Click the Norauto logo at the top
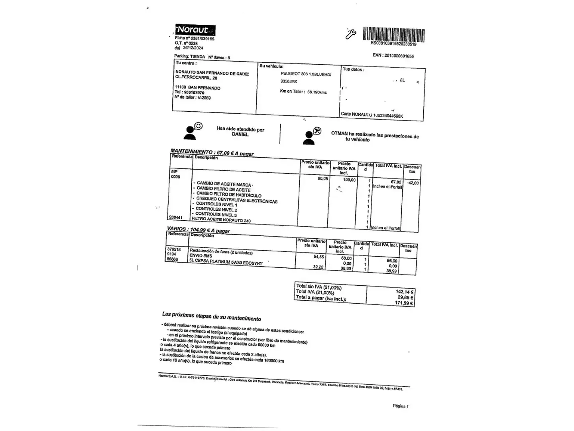point(195,30)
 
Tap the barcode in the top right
point(393,35)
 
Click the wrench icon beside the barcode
point(350,34)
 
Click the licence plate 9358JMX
point(289,81)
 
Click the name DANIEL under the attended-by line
point(240,134)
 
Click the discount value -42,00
point(413,183)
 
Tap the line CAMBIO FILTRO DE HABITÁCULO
point(229,194)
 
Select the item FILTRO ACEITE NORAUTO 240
point(221,219)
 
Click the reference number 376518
point(174,249)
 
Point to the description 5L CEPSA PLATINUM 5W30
point(226,262)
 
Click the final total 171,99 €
point(404,303)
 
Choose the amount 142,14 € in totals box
point(405,292)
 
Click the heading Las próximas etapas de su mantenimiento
point(211,316)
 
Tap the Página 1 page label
point(400,406)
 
